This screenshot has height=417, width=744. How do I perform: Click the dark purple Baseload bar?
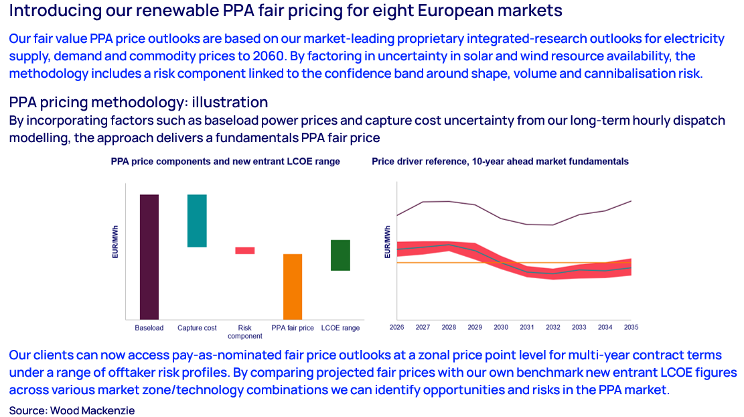coord(149,257)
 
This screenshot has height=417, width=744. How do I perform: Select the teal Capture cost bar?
coord(197,221)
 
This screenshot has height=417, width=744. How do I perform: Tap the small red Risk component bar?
coord(244,251)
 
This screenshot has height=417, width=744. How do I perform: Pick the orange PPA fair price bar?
coord(293,286)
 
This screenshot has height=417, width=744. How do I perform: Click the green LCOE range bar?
coord(340,255)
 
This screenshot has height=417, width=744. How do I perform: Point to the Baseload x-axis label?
coord(149,328)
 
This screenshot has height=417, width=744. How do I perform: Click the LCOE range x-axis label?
coord(340,328)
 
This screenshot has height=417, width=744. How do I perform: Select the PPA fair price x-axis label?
coord(293,328)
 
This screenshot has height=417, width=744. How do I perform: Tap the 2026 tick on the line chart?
coord(397,327)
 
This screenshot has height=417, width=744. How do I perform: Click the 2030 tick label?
coord(501,327)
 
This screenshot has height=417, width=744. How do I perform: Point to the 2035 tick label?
coord(631,327)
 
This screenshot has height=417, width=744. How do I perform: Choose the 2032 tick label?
coord(553,327)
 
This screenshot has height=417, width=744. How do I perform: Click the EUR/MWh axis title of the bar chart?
coord(115,245)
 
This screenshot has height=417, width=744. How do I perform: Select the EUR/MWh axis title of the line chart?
coord(387,242)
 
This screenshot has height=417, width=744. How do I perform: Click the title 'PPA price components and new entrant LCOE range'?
coord(225,162)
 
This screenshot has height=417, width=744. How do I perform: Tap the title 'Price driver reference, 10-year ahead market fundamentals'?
coord(500,162)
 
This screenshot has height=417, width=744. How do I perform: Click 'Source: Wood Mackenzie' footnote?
coord(72,410)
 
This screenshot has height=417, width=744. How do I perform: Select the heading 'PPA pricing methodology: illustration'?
coord(139,103)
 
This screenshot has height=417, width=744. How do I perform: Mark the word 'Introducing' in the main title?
coord(47,11)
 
